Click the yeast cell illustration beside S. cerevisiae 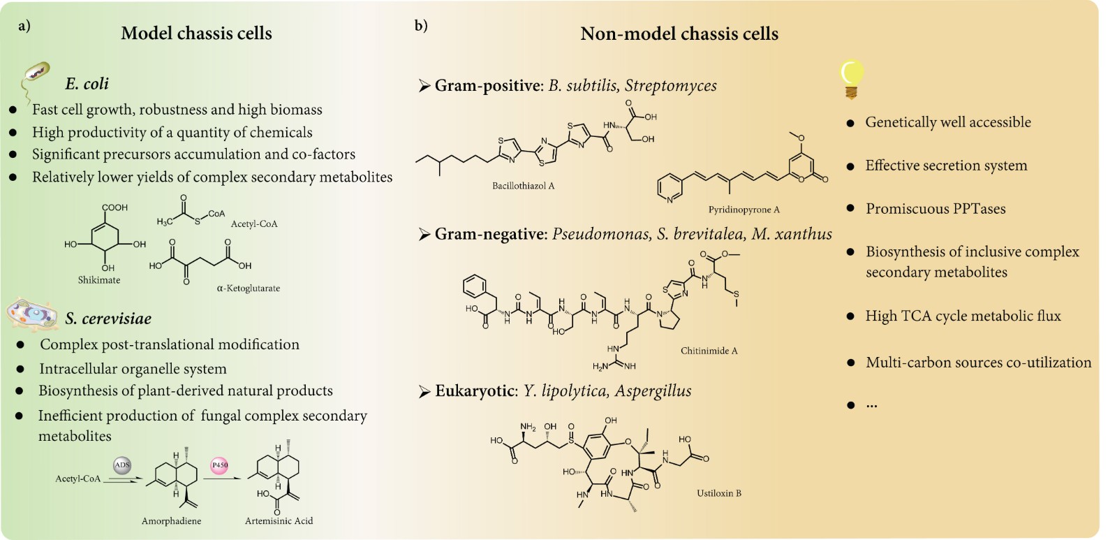click(x=32, y=314)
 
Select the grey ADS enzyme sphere click(x=122, y=465)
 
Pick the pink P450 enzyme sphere click(x=219, y=465)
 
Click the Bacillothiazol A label click(x=523, y=186)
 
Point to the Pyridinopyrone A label click(x=744, y=210)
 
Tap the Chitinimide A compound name click(x=709, y=351)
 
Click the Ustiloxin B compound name click(x=718, y=493)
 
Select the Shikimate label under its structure click(x=98, y=280)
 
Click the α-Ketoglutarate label click(x=248, y=288)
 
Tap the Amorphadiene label click(x=171, y=521)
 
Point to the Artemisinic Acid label click(x=279, y=521)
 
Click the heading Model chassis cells click(x=196, y=34)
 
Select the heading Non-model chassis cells click(x=679, y=34)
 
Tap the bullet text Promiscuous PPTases click(x=935, y=209)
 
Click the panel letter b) click(x=420, y=26)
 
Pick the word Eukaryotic click(x=475, y=391)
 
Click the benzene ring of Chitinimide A click(x=475, y=285)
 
